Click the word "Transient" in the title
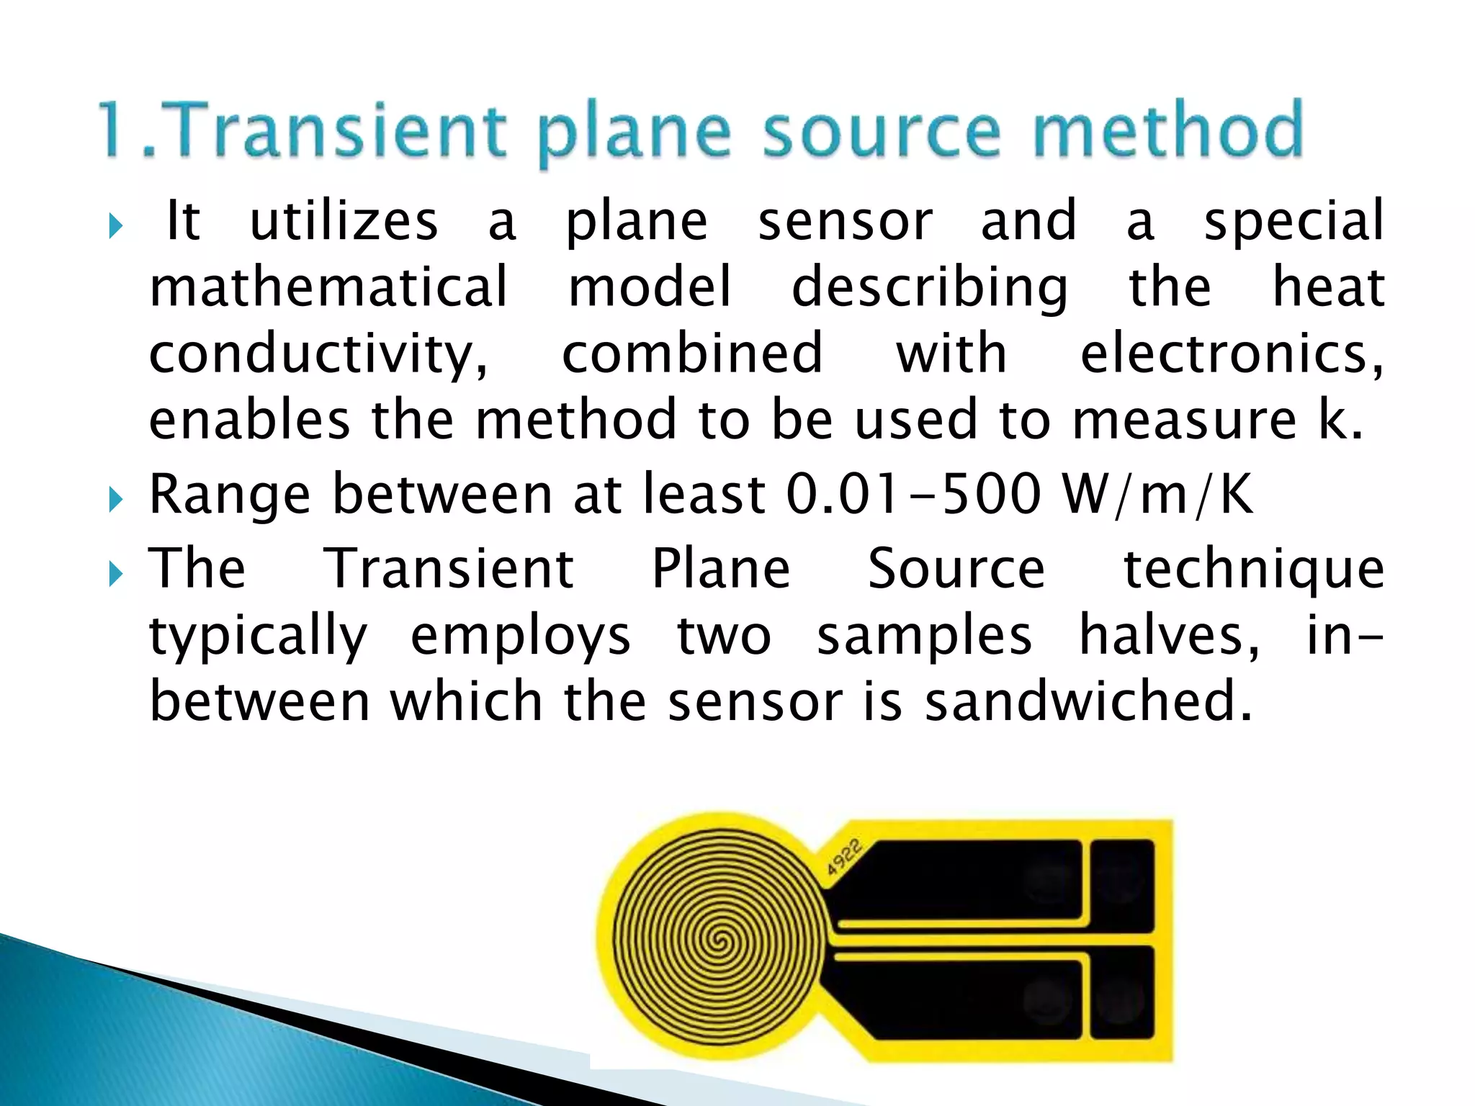[x=339, y=131]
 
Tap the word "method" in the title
[x=1168, y=131]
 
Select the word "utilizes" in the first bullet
[x=344, y=222]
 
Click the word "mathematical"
[x=328, y=287]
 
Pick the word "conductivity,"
[x=318, y=355]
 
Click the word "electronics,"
[x=1232, y=355]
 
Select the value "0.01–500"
[x=913, y=495]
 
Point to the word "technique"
[x=1254, y=570]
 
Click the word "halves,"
[x=1169, y=636]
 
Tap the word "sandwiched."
[x=1088, y=702]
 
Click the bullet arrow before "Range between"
[x=115, y=498]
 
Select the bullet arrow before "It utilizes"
[x=115, y=227]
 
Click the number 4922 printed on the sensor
[x=843, y=857]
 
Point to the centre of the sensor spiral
[x=717, y=940]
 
